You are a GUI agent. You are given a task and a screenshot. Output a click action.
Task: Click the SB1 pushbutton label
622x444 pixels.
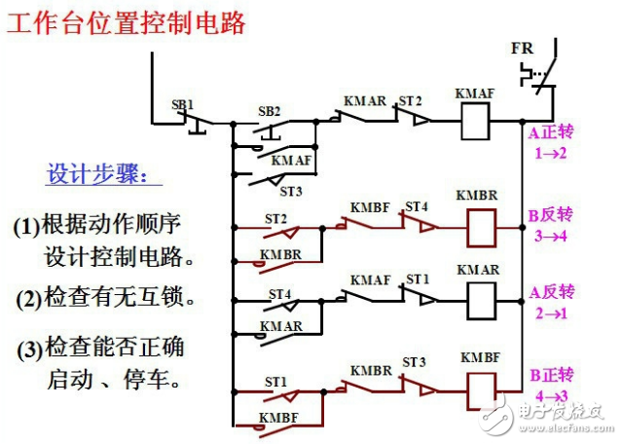tap(184, 103)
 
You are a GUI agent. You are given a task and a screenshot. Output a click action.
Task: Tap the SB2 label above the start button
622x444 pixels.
tap(269, 111)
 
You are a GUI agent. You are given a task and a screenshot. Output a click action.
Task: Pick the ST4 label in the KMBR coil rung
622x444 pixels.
tap(416, 206)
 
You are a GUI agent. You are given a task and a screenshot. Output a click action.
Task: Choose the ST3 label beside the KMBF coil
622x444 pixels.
tap(416, 362)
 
